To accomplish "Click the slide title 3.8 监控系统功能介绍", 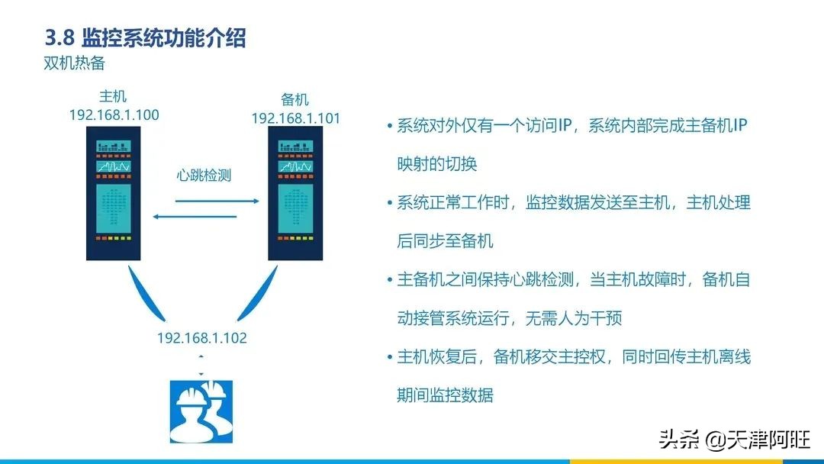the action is pos(145,38).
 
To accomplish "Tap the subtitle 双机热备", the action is pos(74,63).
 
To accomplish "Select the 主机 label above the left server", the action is pos(113,96).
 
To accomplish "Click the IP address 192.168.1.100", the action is pos(114,114).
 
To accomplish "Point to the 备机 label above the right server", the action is pos(295,99).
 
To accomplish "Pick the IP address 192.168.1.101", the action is pos(296,118).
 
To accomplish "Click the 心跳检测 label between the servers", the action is pos(204,175).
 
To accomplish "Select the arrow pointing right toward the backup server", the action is pos(217,201).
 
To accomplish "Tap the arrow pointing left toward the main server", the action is pos(195,217).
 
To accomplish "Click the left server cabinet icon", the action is pos(114,193).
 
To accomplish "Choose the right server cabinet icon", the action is pos(295,193).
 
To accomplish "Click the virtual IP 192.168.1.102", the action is pos(201,337).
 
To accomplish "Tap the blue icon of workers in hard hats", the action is pos(201,412).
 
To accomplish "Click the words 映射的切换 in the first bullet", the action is pos(436,164).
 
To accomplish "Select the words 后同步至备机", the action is pos(445,240).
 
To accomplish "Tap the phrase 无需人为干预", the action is pos(574,318).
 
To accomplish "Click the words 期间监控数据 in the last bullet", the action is pos(445,395).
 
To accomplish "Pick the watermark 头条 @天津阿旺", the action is pos(734,440).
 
